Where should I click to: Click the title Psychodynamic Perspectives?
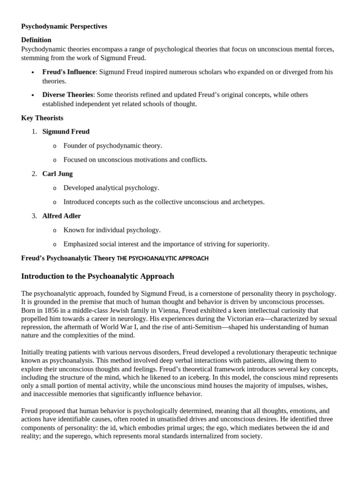(64, 26)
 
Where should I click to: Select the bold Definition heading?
(36, 40)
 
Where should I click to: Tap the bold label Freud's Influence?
(69, 72)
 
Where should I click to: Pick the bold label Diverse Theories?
(67, 95)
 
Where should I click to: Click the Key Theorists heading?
(42, 118)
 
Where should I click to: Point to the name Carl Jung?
(57, 173)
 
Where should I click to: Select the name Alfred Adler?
(61, 216)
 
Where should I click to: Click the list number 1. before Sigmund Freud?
(34, 131)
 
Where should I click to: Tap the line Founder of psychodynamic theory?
(112, 145)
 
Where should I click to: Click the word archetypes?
(247, 202)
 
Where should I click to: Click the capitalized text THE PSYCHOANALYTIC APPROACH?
(163, 258)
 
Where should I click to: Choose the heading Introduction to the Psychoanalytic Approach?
(97, 276)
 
